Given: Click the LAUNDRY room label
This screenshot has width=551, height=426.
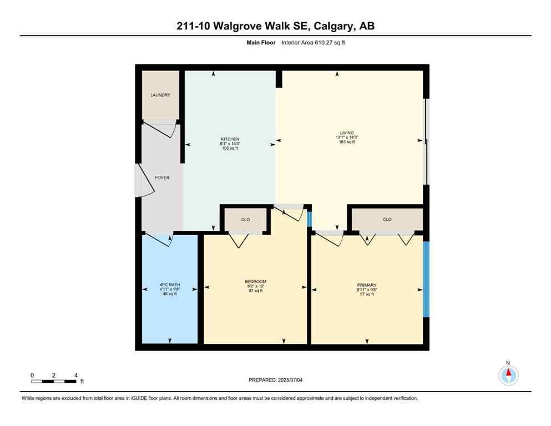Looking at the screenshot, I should coord(160,95).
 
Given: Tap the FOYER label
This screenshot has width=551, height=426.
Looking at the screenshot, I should coord(162,177).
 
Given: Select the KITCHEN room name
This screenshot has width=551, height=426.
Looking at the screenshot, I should coord(230,139).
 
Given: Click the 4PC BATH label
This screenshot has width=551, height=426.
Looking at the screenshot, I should coord(169,286).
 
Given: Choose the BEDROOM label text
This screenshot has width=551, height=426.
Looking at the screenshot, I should coord(256,282).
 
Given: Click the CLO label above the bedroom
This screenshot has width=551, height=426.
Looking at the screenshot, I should coord(245,220).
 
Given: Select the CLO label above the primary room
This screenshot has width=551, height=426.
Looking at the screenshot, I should coord(387,220).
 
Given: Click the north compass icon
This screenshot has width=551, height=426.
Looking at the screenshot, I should coord(508,374).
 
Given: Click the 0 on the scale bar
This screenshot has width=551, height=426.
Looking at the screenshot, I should coord(33,376).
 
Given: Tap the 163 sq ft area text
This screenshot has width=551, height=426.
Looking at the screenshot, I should coord(347,142).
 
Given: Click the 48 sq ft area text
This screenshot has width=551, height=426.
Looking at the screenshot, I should coord(169,295).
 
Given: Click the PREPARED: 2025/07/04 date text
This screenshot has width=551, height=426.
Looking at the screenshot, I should coord(276,380).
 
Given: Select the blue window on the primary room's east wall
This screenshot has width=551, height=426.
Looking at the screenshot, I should coord(426,278).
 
